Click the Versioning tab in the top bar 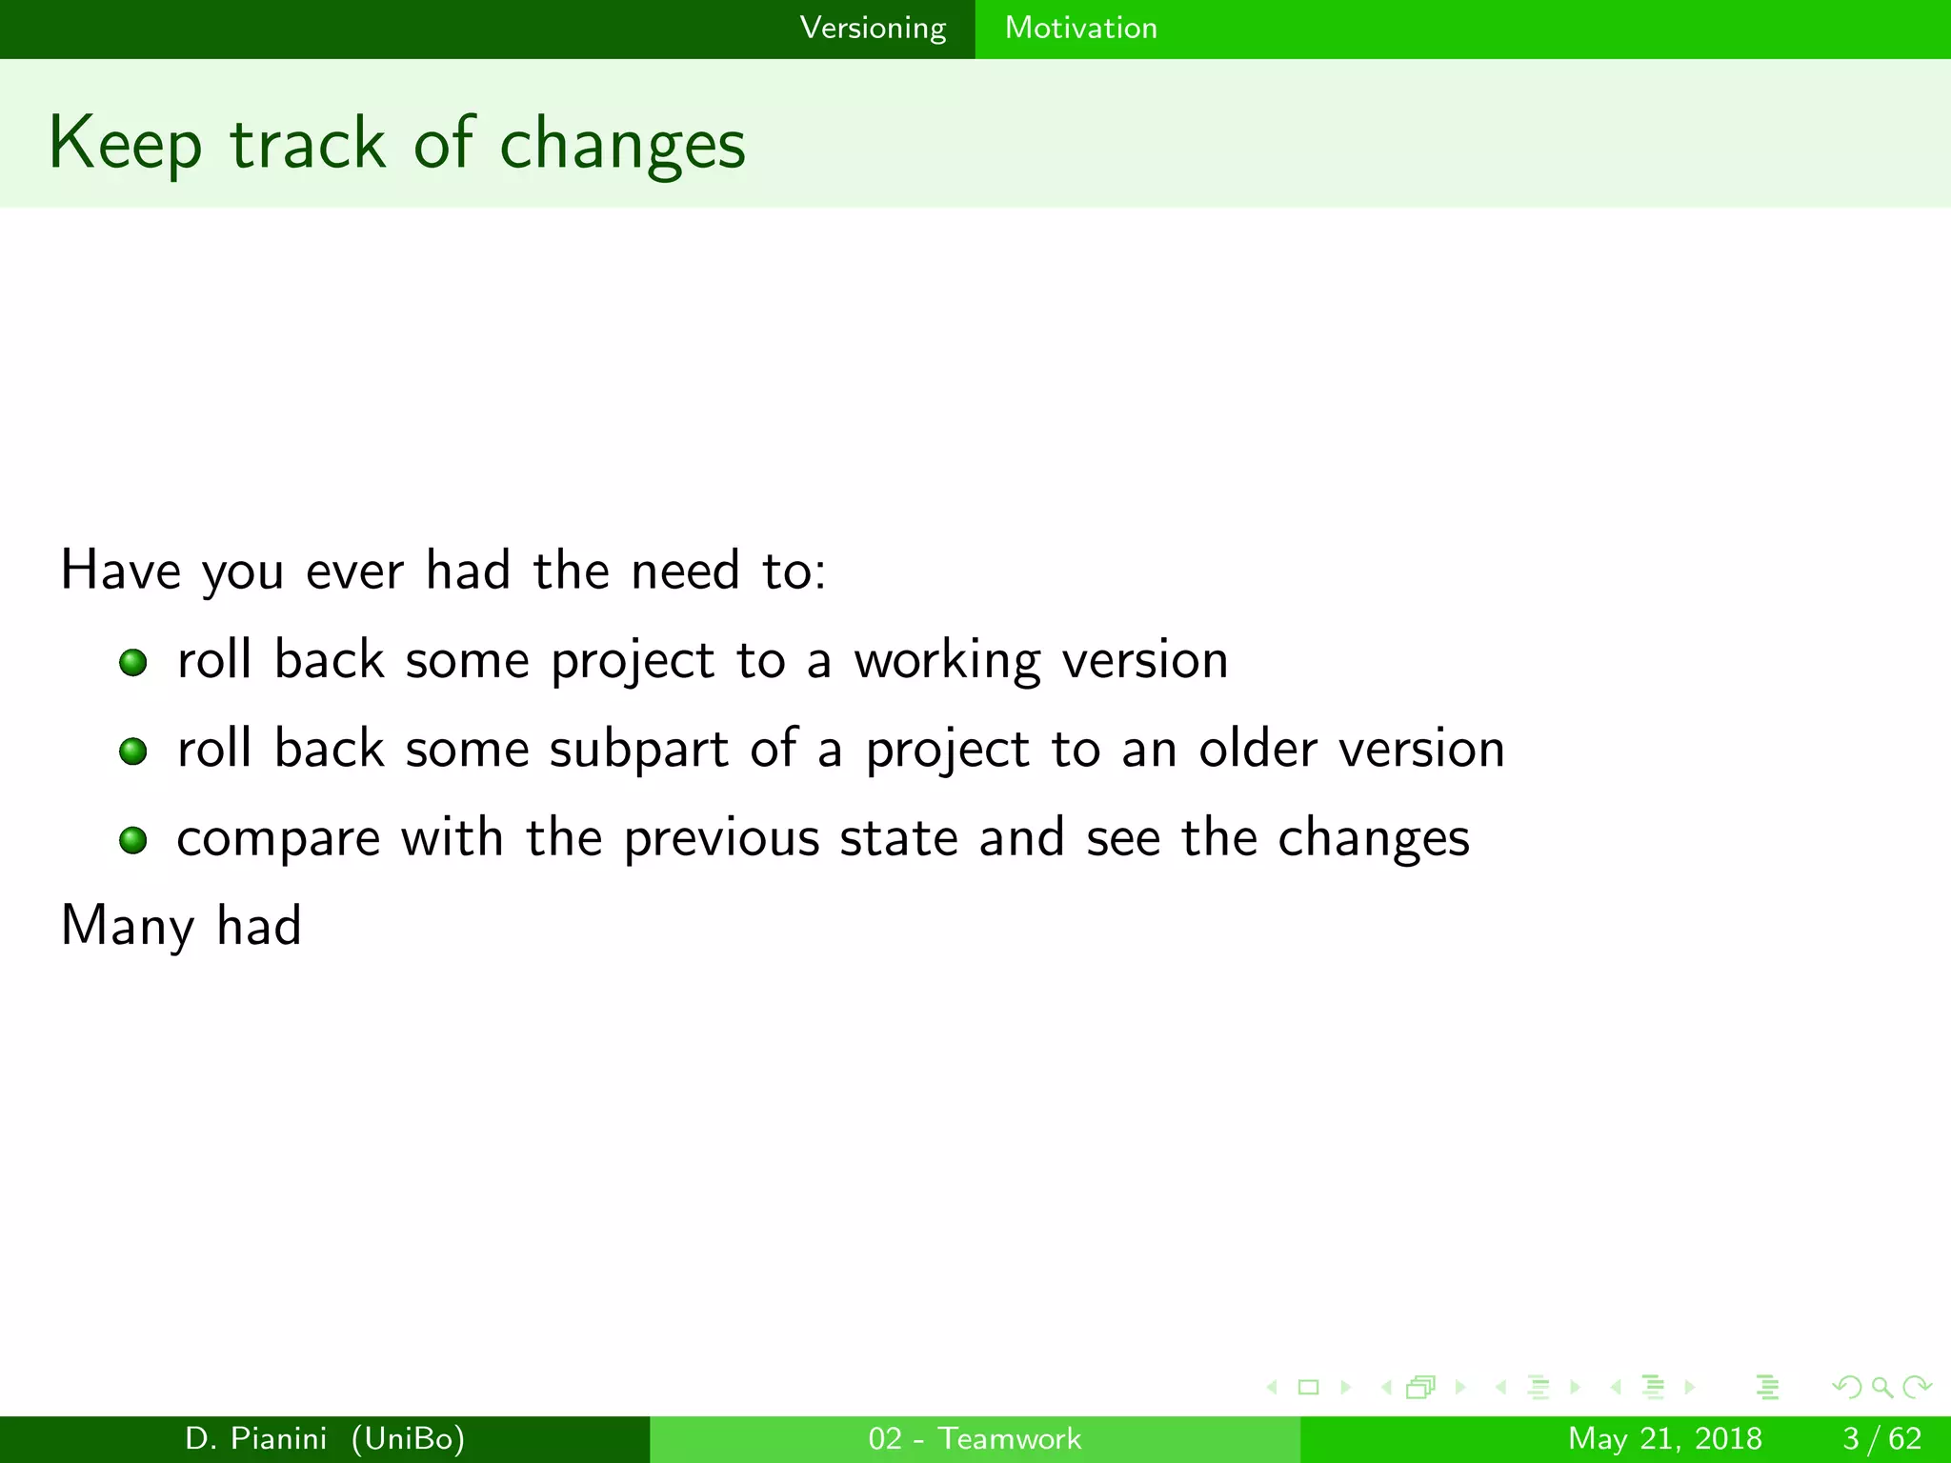point(873,29)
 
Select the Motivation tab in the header point(1080,29)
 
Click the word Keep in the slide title point(125,145)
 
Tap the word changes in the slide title point(622,145)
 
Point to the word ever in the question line point(354,571)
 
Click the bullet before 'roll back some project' point(133,662)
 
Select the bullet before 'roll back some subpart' point(133,752)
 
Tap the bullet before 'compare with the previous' point(133,840)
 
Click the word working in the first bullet point(947,661)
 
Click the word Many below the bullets point(128,927)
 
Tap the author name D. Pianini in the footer point(256,1438)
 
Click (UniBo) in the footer point(408,1438)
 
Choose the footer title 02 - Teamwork point(975,1438)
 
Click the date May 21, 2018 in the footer point(1664,1438)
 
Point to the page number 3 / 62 point(1881,1438)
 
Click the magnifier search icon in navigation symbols point(1881,1387)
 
